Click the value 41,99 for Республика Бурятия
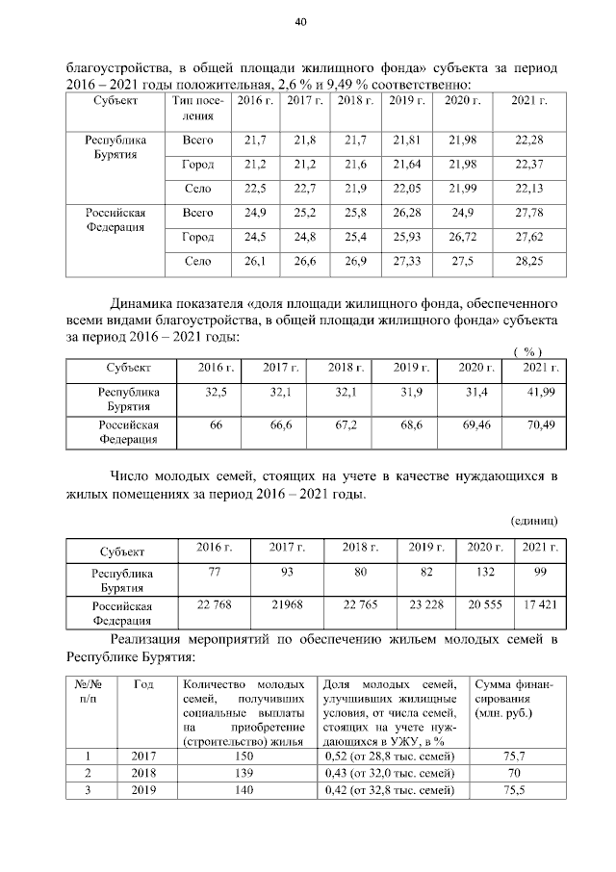[540, 393]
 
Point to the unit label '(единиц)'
[532, 521]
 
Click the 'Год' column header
[143, 685]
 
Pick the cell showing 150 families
[244, 757]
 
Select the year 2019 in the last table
[143, 789]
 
